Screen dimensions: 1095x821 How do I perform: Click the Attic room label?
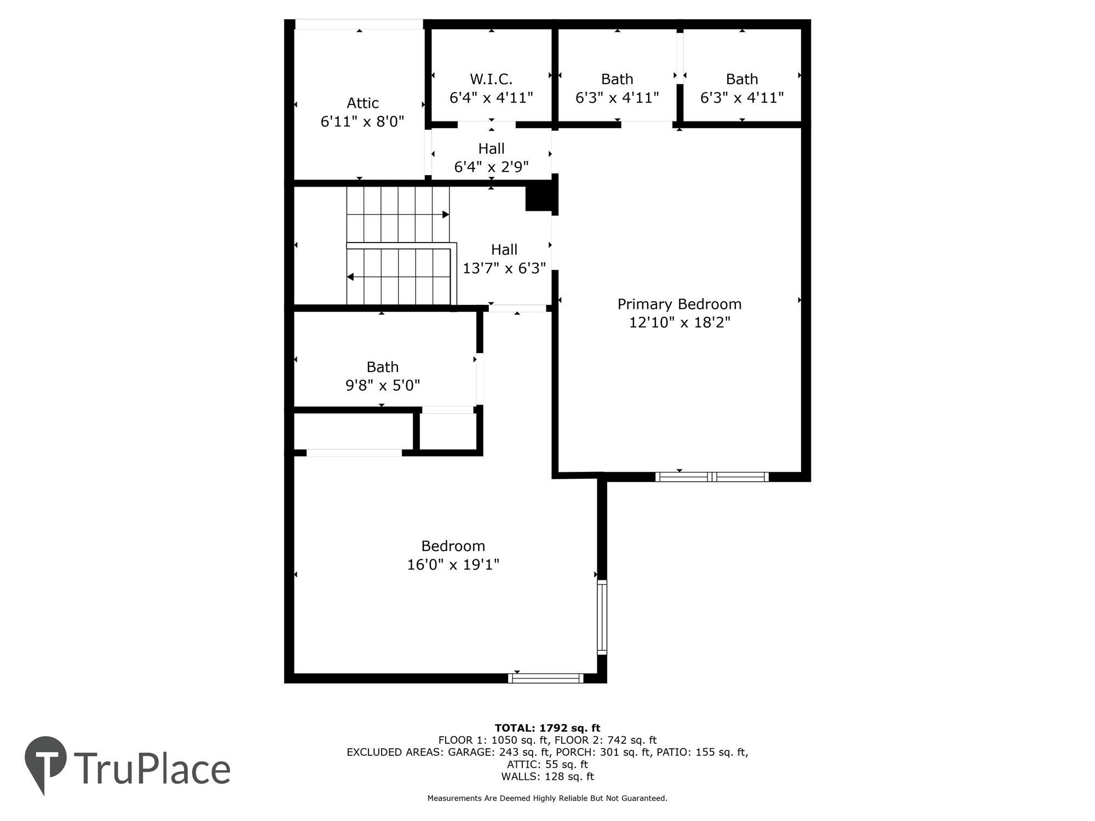tap(362, 103)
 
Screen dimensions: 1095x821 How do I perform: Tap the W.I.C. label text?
tap(491, 79)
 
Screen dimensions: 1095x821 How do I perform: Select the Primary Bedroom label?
tap(679, 304)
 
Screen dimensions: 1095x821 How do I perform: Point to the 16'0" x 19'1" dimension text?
tap(453, 564)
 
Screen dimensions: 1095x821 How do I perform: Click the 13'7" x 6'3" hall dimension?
tap(504, 268)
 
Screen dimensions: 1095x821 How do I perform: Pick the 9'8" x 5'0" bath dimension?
tap(383, 385)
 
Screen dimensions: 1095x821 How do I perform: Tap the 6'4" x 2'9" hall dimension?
tap(491, 166)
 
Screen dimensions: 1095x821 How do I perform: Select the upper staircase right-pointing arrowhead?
tap(446, 215)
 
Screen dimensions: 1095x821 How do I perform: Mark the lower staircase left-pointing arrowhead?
tap(350, 277)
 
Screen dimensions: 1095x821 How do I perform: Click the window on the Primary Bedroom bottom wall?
tap(712, 477)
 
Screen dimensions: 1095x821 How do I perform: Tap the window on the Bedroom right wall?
tap(602, 617)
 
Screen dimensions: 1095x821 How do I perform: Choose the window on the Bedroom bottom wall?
tap(546, 679)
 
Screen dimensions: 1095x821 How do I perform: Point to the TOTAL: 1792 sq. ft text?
tap(547, 728)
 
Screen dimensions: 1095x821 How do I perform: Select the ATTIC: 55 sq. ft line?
tap(547, 764)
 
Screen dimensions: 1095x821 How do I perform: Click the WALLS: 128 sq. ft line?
tap(547, 776)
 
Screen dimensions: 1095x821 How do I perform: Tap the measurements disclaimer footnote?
tap(547, 798)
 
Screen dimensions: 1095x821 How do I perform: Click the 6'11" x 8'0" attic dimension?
tap(362, 122)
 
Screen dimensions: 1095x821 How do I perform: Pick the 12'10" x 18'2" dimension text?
tap(679, 322)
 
